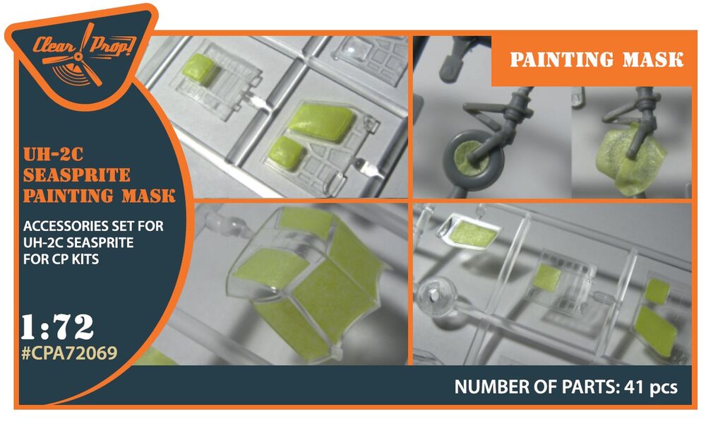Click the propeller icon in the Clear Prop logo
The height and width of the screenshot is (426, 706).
81,57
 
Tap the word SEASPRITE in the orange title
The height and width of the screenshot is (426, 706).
76,174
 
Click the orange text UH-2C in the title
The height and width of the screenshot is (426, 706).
53,154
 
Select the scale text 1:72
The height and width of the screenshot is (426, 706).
57,326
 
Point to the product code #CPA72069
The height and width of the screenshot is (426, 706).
69,353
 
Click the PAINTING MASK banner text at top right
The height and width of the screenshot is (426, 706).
597,59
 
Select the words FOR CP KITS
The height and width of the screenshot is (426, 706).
61,259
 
